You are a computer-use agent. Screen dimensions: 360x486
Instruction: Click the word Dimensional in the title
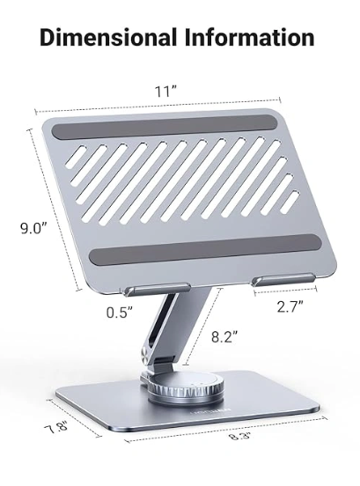point(108,38)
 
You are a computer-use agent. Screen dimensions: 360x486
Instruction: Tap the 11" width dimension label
point(165,92)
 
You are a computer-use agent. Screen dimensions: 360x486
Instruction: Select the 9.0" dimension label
point(33,229)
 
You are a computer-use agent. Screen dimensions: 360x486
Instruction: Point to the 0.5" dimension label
point(120,313)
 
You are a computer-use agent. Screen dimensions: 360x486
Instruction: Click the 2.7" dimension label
point(290,307)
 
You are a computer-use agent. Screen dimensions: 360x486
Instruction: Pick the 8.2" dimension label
point(224,337)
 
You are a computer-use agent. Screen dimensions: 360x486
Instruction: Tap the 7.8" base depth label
point(56,430)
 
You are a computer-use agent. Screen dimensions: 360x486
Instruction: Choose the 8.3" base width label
point(239,437)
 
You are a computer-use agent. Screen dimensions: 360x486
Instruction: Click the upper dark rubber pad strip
point(164,127)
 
